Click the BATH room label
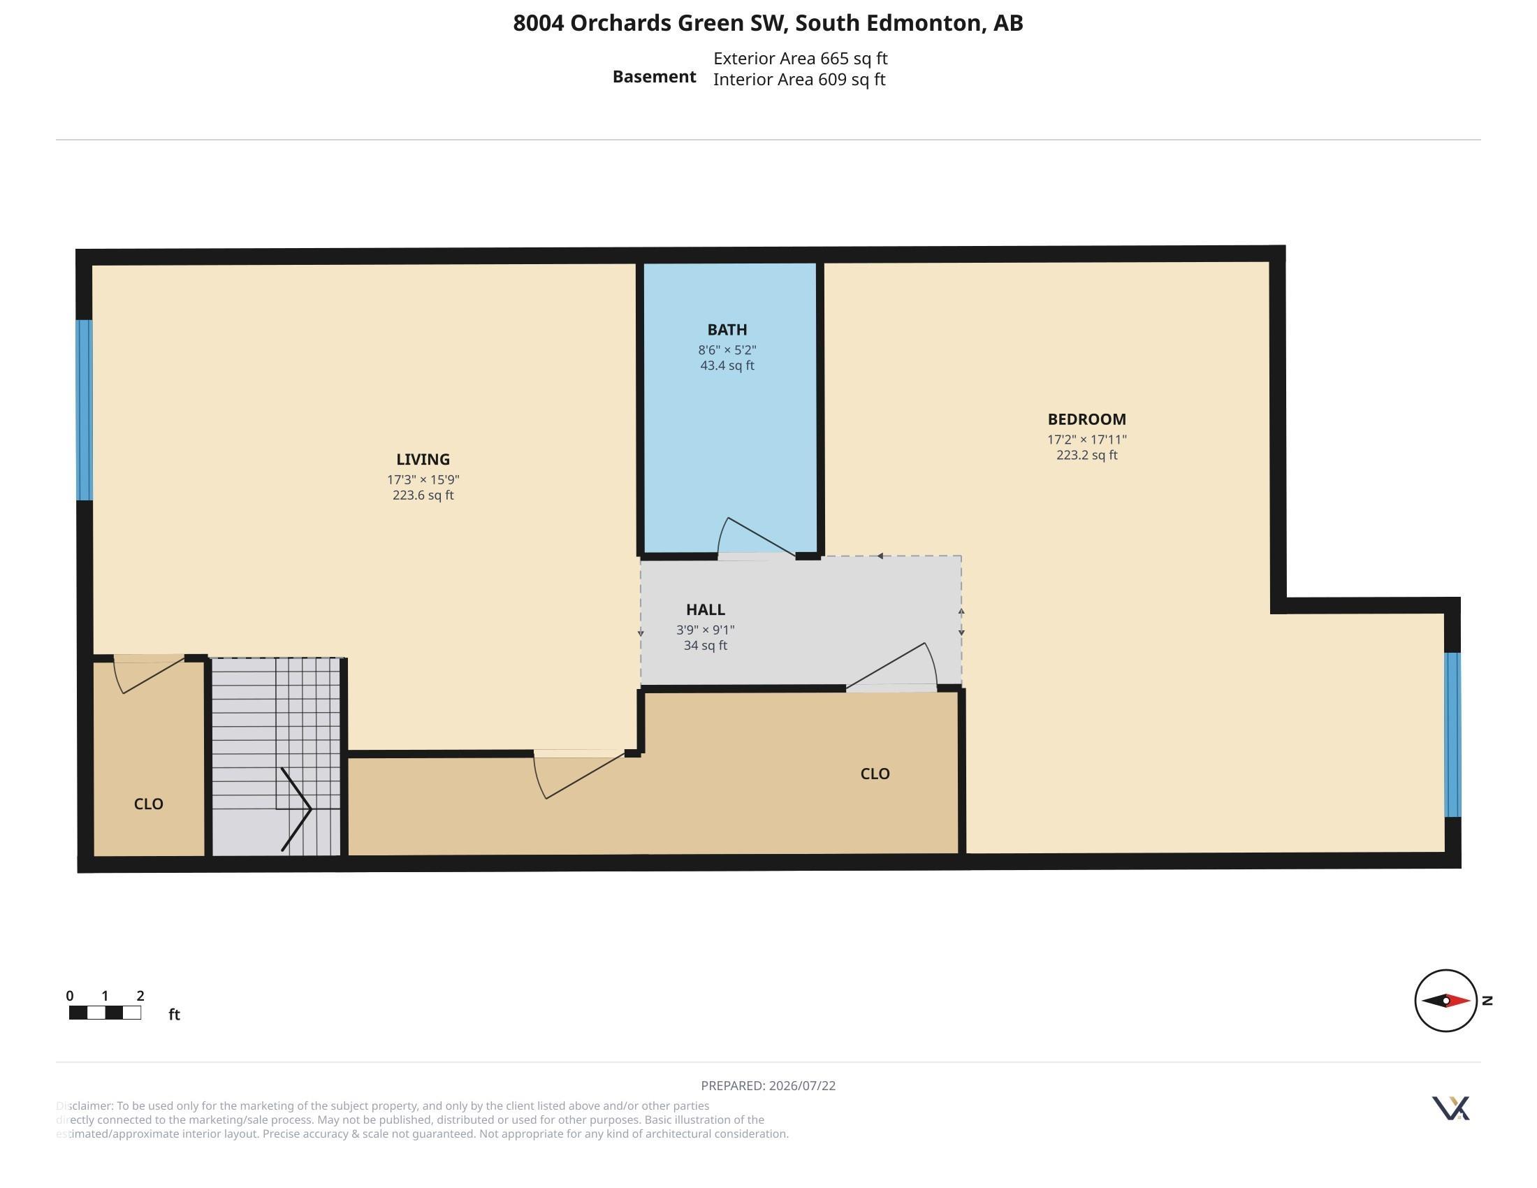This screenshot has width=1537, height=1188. (x=727, y=329)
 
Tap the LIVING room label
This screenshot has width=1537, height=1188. (x=423, y=460)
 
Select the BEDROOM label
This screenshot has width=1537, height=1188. (x=1086, y=419)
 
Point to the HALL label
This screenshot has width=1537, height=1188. (x=705, y=609)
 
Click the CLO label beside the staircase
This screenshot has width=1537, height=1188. (x=149, y=804)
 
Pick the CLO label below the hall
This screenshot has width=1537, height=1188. (x=875, y=774)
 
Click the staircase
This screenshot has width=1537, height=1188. (x=276, y=757)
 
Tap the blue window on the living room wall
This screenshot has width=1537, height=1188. (x=85, y=410)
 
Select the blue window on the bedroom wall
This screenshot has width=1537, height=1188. (x=1452, y=734)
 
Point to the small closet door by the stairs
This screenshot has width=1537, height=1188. (x=150, y=674)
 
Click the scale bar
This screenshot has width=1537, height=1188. (x=105, y=1013)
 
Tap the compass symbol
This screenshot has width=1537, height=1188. (x=1445, y=1000)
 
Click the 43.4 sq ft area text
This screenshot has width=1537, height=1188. (x=727, y=366)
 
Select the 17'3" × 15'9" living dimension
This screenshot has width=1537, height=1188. (x=423, y=480)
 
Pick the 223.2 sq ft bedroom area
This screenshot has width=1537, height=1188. (x=1086, y=456)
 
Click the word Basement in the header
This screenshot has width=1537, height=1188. (x=654, y=77)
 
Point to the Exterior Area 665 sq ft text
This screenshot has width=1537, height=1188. (x=800, y=59)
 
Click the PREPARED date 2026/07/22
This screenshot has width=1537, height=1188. (x=802, y=1085)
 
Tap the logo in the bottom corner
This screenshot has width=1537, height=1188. (x=1450, y=1108)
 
